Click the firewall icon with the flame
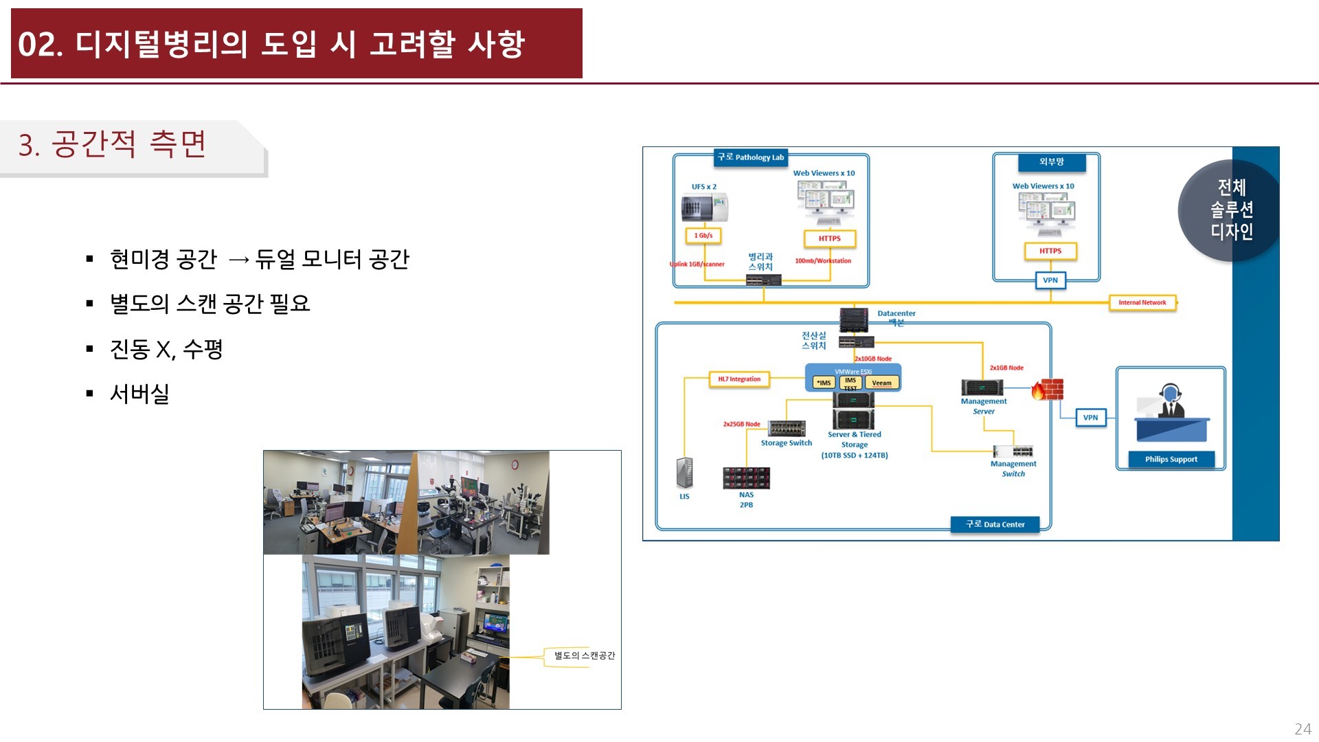click(1048, 390)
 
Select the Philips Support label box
click(1171, 460)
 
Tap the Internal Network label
click(1142, 302)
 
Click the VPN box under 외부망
click(1050, 280)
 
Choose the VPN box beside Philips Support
click(1090, 418)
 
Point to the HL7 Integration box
click(739, 379)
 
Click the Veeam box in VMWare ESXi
click(881, 383)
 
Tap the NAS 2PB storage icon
click(746, 477)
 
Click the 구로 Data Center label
click(995, 524)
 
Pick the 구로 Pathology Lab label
click(751, 157)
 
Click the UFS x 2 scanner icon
click(704, 208)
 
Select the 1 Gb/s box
click(703, 236)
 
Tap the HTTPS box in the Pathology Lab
click(830, 239)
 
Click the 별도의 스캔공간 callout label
click(585, 655)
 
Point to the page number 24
click(1303, 729)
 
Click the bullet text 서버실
click(139, 394)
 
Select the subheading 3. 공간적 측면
click(113, 145)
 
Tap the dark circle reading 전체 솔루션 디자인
click(1230, 210)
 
